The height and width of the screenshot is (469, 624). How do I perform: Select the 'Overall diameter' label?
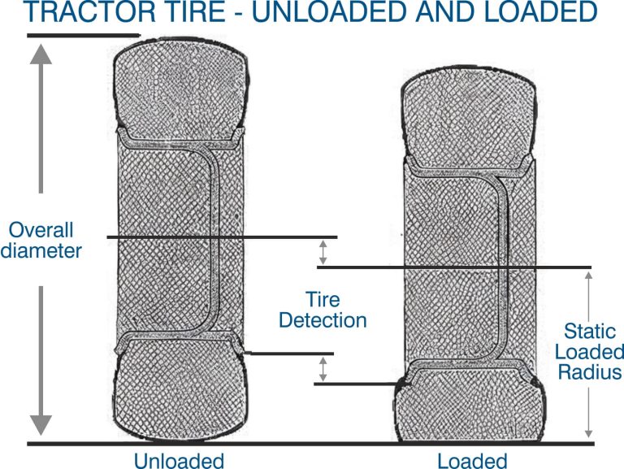pos(41,239)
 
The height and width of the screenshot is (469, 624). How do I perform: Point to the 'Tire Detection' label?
pos(323,309)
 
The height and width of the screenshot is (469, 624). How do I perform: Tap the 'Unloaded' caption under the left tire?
pos(179,460)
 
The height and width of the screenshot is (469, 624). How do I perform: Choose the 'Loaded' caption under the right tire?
pos(471,460)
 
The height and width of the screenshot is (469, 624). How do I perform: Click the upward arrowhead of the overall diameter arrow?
pos(41,54)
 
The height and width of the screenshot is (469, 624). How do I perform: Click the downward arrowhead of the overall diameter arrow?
pos(41,424)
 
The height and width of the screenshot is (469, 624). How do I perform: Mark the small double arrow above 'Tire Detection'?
pos(323,252)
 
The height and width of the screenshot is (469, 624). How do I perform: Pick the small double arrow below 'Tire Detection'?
pos(323,369)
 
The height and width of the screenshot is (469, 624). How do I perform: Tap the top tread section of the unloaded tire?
pos(180,85)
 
